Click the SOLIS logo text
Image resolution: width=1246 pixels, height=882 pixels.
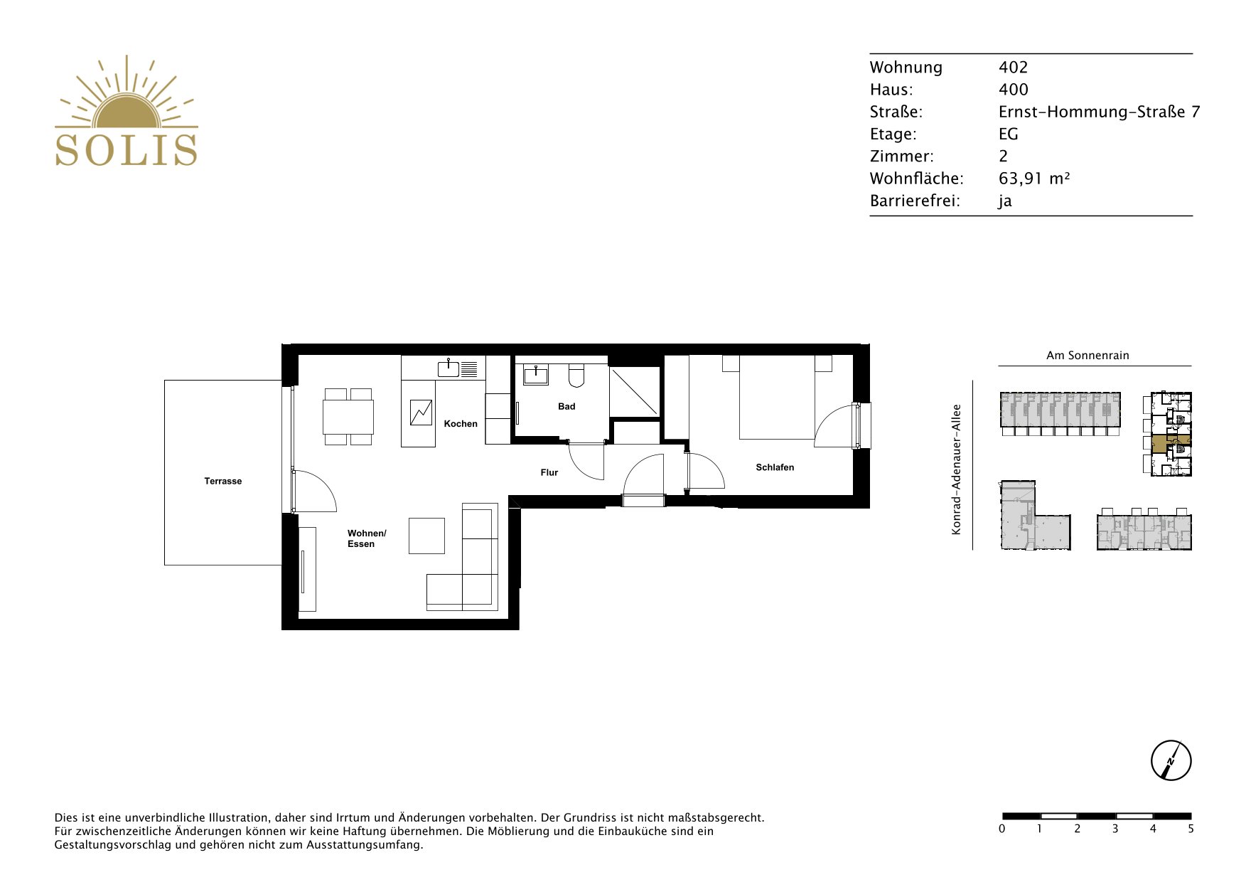pyautogui.click(x=127, y=150)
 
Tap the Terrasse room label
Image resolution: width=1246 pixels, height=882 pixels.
pyautogui.click(x=223, y=482)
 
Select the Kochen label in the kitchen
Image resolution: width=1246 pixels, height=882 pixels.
pyautogui.click(x=461, y=424)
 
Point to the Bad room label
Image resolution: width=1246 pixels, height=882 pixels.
pyautogui.click(x=566, y=407)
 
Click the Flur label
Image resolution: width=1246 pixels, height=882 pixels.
pyautogui.click(x=549, y=472)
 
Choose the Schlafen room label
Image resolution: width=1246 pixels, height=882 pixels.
pyautogui.click(x=775, y=467)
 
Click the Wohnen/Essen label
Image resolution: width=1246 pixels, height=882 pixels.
pyautogui.click(x=367, y=538)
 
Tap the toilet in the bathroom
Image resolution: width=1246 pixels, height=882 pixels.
pyautogui.click(x=576, y=375)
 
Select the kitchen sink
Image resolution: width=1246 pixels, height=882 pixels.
pyautogui.click(x=449, y=368)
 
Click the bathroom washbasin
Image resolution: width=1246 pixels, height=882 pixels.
pyautogui.click(x=536, y=374)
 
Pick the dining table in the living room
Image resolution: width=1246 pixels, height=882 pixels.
pyautogui.click(x=348, y=417)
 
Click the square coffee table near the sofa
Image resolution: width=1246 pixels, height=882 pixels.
pyautogui.click(x=426, y=536)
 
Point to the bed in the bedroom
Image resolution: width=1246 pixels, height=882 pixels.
pyautogui.click(x=777, y=397)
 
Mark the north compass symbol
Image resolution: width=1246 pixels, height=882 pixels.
pyautogui.click(x=1171, y=760)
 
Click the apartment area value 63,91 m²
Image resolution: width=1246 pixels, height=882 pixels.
pyautogui.click(x=1034, y=179)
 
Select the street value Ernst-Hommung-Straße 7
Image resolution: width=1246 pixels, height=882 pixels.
pyautogui.click(x=1099, y=112)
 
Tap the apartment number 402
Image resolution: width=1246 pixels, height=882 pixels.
pyautogui.click(x=1014, y=68)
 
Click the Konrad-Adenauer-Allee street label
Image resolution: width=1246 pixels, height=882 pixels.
pyautogui.click(x=957, y=469)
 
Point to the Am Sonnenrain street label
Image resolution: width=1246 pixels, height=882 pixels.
pyautogui.click(x=1087, y=356)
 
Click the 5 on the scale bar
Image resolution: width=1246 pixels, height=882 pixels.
pyautogui.click(x=1191, y=829)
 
